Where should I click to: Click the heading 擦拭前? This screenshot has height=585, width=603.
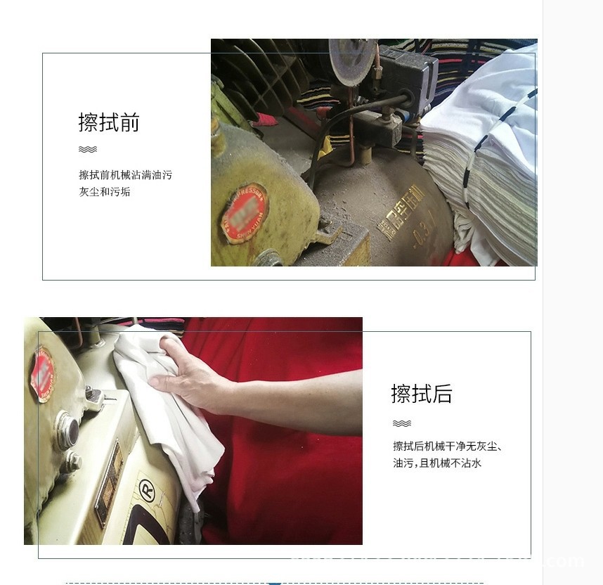coord(109,122)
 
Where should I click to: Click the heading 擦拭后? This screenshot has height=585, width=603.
coord(422,394)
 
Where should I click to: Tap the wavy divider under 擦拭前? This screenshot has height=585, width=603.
coord(88,149)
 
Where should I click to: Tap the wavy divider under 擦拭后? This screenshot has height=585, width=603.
coord(402,423)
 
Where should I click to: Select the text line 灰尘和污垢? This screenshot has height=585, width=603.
coord(105,191)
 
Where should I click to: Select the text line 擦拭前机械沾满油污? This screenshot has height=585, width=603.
coord(125,174)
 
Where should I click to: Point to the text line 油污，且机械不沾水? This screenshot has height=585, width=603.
coord(437,463)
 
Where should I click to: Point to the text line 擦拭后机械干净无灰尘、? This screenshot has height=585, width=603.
coord(447,446)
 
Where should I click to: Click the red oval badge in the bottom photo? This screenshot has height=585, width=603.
coord(43,374)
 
